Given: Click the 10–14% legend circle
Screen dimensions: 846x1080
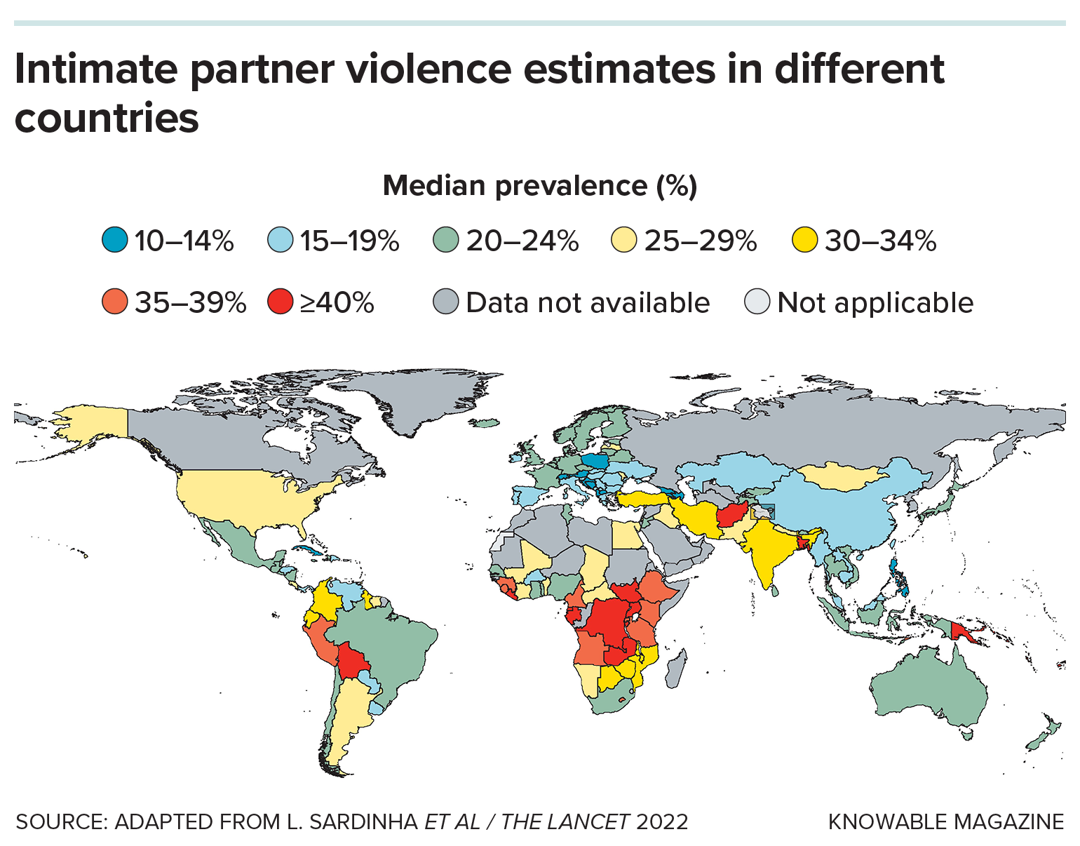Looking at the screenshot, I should point(114,241).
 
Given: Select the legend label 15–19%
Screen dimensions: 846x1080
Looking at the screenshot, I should point(349,241).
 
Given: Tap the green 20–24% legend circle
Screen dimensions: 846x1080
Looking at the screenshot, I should point(445,241).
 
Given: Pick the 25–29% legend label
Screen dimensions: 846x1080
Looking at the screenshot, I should point(701,241).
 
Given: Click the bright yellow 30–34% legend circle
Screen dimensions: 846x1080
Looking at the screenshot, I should point(804,241).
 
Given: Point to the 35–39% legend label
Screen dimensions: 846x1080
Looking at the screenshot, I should point(190,303).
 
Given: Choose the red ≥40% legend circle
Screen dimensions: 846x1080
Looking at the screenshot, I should point(280,303).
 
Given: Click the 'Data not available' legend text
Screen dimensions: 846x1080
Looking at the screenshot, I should point(588,303).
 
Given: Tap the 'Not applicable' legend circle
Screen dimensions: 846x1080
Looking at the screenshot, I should point(757,303).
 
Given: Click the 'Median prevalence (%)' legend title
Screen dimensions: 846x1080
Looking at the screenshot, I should point(540,186).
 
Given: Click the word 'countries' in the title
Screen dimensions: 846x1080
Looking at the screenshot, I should point(107,118).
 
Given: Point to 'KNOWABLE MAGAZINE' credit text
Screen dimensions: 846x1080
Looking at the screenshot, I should point(946,821).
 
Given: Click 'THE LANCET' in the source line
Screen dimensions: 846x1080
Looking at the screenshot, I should point(565,821).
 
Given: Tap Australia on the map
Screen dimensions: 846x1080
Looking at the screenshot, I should point(929,687).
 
